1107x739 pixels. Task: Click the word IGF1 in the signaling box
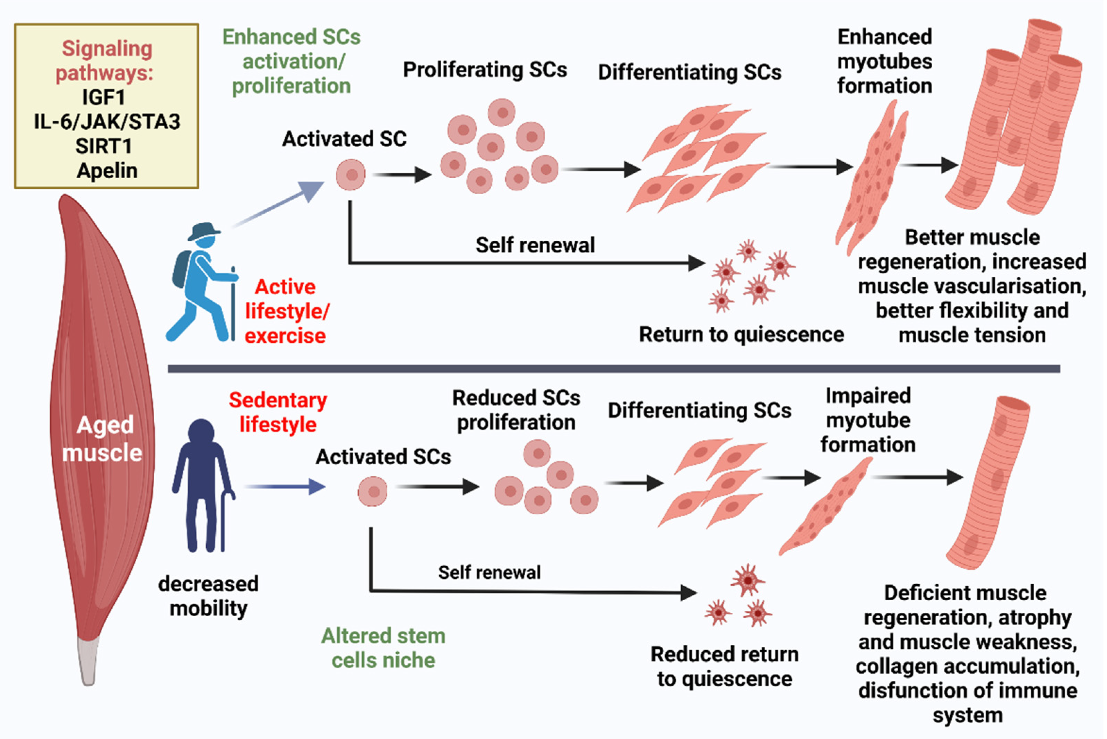[104, 97]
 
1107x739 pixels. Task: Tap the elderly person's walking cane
[226, 521]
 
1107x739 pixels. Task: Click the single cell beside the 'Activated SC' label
[351, 175]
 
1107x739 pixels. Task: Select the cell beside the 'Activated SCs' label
[373, 491]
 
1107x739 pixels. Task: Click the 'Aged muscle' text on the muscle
[102, 439]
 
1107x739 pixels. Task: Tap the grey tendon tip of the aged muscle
[88, 660]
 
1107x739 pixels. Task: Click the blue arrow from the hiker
[278, 205]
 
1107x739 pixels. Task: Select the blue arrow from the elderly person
[285, 487]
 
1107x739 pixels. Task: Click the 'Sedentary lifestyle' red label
[278, 412]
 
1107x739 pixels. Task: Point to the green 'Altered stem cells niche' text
[383, 648]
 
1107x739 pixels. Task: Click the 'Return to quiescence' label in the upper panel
[742, 335]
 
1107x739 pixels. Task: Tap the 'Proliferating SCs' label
[485, 70]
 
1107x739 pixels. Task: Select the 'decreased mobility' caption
[208, 596]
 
